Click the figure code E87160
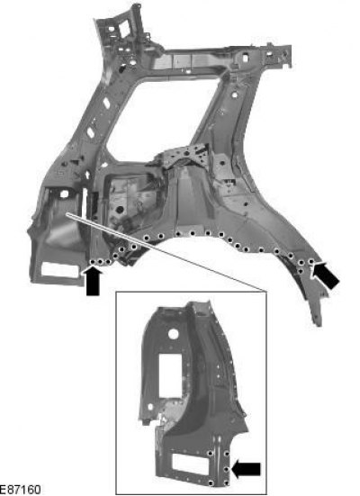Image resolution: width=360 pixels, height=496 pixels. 20,490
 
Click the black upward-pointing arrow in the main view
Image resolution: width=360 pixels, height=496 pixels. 93,281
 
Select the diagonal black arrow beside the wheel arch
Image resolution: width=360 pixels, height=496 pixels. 325,275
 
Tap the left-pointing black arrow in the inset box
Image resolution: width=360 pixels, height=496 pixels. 246,469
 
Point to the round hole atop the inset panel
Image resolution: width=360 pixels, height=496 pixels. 173,334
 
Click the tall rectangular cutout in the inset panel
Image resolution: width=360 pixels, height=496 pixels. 170,375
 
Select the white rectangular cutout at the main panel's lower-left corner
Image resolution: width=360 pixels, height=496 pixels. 60,270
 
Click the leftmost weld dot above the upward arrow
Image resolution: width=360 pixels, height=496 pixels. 93,262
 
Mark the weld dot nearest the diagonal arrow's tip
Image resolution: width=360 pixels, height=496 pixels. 311,261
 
